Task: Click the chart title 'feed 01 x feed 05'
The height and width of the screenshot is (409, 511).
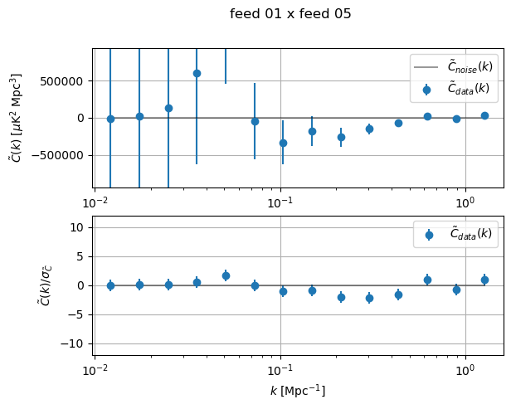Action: click(x=290, y=14)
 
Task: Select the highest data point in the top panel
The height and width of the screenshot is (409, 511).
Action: click(x=197, y=73)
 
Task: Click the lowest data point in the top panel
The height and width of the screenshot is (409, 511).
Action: click(x=283, y=143)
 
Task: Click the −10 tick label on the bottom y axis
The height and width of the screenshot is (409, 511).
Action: click(x=76, y=343)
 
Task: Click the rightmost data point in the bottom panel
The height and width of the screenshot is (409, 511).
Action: click(x=484, y=280)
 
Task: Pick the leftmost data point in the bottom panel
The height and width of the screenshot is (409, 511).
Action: click(x=110, y=285)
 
